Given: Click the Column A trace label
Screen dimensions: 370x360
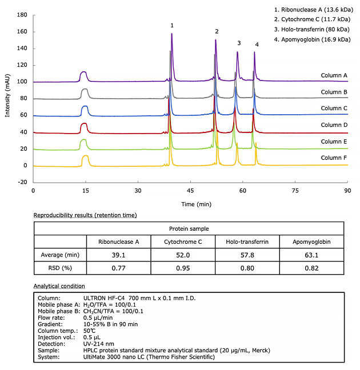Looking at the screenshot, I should coord(334,75).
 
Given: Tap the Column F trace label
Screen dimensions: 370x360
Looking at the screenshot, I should coord(334,158).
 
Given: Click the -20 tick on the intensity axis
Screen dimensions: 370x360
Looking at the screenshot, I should coord(22,182).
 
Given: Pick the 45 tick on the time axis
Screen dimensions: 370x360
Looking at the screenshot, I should coord(190,190).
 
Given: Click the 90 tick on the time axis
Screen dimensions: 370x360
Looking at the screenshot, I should coord(347,190).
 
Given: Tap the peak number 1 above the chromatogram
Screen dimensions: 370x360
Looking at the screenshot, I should coord(171,26).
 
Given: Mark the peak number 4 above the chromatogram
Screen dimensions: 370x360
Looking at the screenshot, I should coord(257,45).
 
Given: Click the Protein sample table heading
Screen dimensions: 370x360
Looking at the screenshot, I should coord(189,228).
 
